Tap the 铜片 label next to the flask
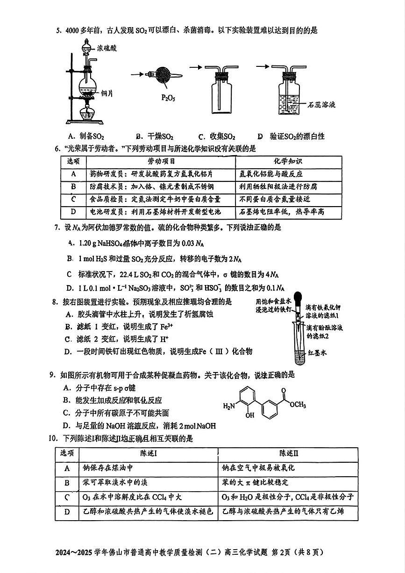click(x=107, y=93)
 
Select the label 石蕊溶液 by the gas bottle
click(x=322, y=105)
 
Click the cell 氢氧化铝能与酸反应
click(x=271, y=174)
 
